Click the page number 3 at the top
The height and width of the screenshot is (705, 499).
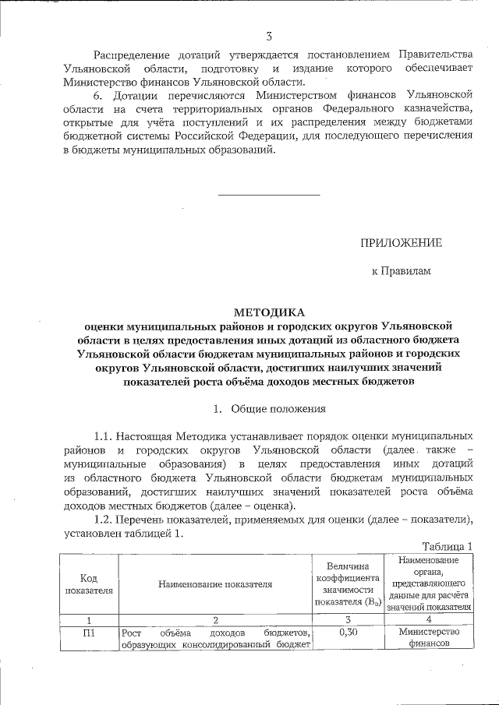coord(268,37)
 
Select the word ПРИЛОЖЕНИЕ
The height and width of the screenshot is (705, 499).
coord(400,243)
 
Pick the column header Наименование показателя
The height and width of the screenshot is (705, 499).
coord(215,583)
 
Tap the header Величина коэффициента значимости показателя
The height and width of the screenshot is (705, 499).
coord(348,583)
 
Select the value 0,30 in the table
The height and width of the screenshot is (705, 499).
coord(348,632)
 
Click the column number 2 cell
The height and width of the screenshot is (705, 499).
coord(215,619)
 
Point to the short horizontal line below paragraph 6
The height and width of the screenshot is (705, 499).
coord(268,194)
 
